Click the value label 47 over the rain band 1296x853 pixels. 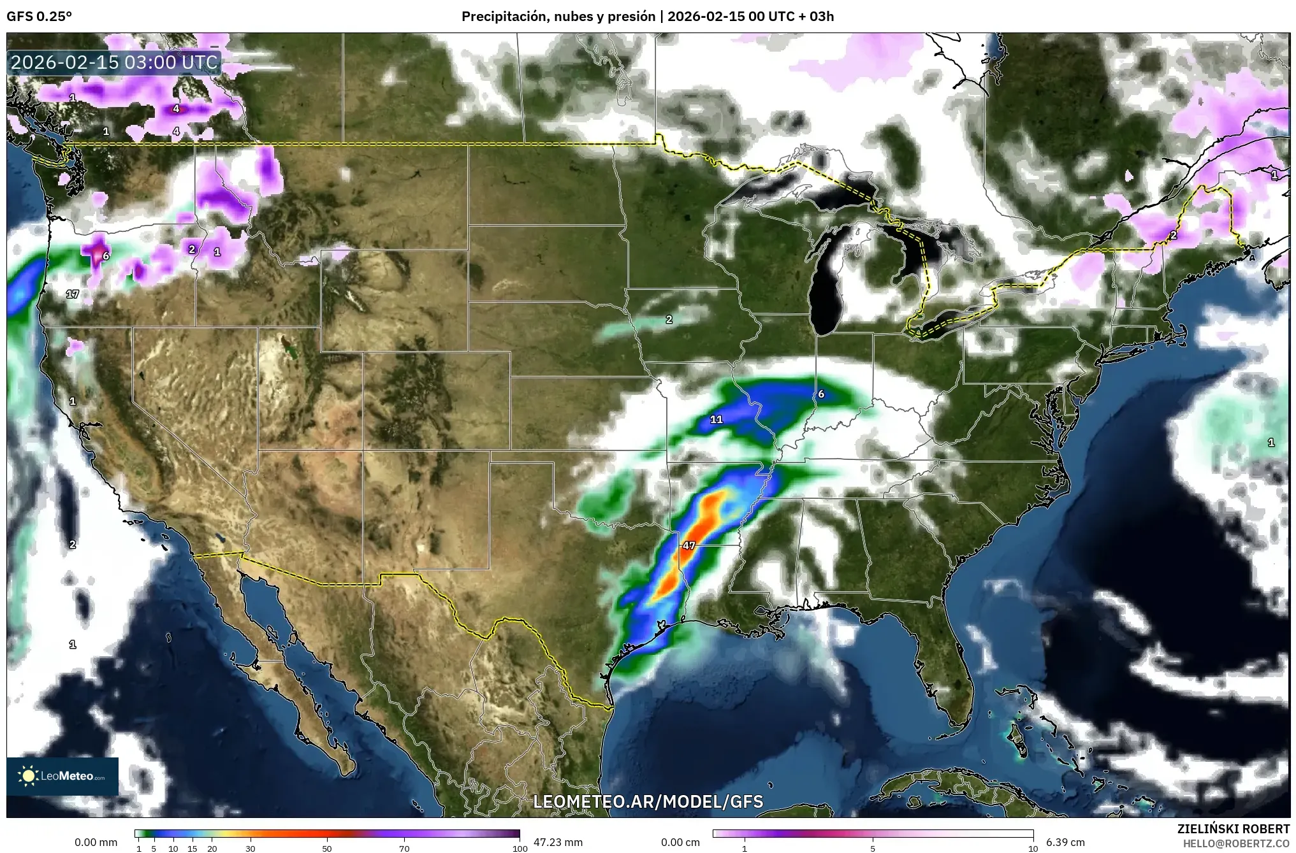coord(688,545)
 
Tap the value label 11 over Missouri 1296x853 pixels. coord(717,419)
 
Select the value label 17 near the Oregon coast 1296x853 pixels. coord(73,294)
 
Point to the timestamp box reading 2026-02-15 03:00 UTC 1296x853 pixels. coord(115,62)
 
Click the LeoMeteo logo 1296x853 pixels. coord(62,776)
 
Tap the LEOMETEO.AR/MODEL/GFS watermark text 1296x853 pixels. coord(648,801)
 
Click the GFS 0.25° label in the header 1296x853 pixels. coord(39,17)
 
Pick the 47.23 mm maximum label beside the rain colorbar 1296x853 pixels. coord(558,842)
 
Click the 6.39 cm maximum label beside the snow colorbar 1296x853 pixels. coord(1065,842)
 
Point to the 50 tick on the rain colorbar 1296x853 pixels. coord(327,849)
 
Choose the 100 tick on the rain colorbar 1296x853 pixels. coord(520,849)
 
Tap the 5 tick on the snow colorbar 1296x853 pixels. coord(873,849)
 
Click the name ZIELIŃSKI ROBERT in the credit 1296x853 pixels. coord(1233,829)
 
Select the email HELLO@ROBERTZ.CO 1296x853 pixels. coord(1236,843)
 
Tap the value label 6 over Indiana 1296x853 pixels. coord(821,394)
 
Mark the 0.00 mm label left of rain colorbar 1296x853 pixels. coord(96,842)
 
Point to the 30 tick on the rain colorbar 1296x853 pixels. coord(251,849)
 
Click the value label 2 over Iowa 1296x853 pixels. coord(669,320)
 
